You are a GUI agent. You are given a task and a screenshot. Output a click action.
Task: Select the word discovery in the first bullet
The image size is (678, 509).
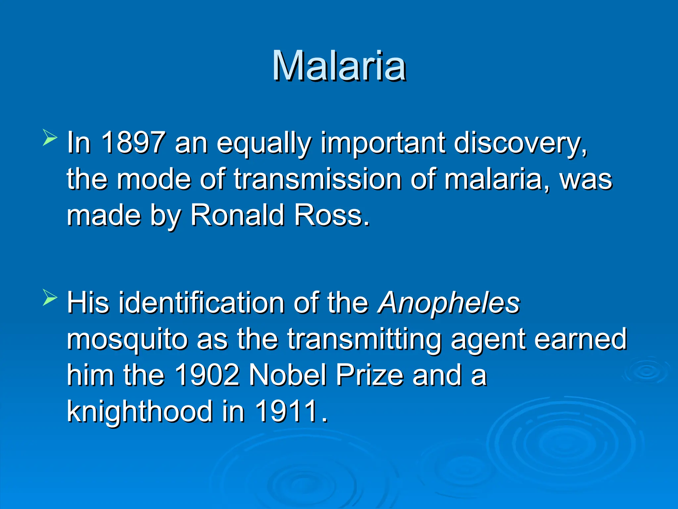[520, 143]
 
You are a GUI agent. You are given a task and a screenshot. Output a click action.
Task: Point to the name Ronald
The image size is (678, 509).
[237, 215]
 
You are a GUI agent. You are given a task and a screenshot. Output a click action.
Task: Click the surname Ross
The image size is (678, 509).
[331, 215]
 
